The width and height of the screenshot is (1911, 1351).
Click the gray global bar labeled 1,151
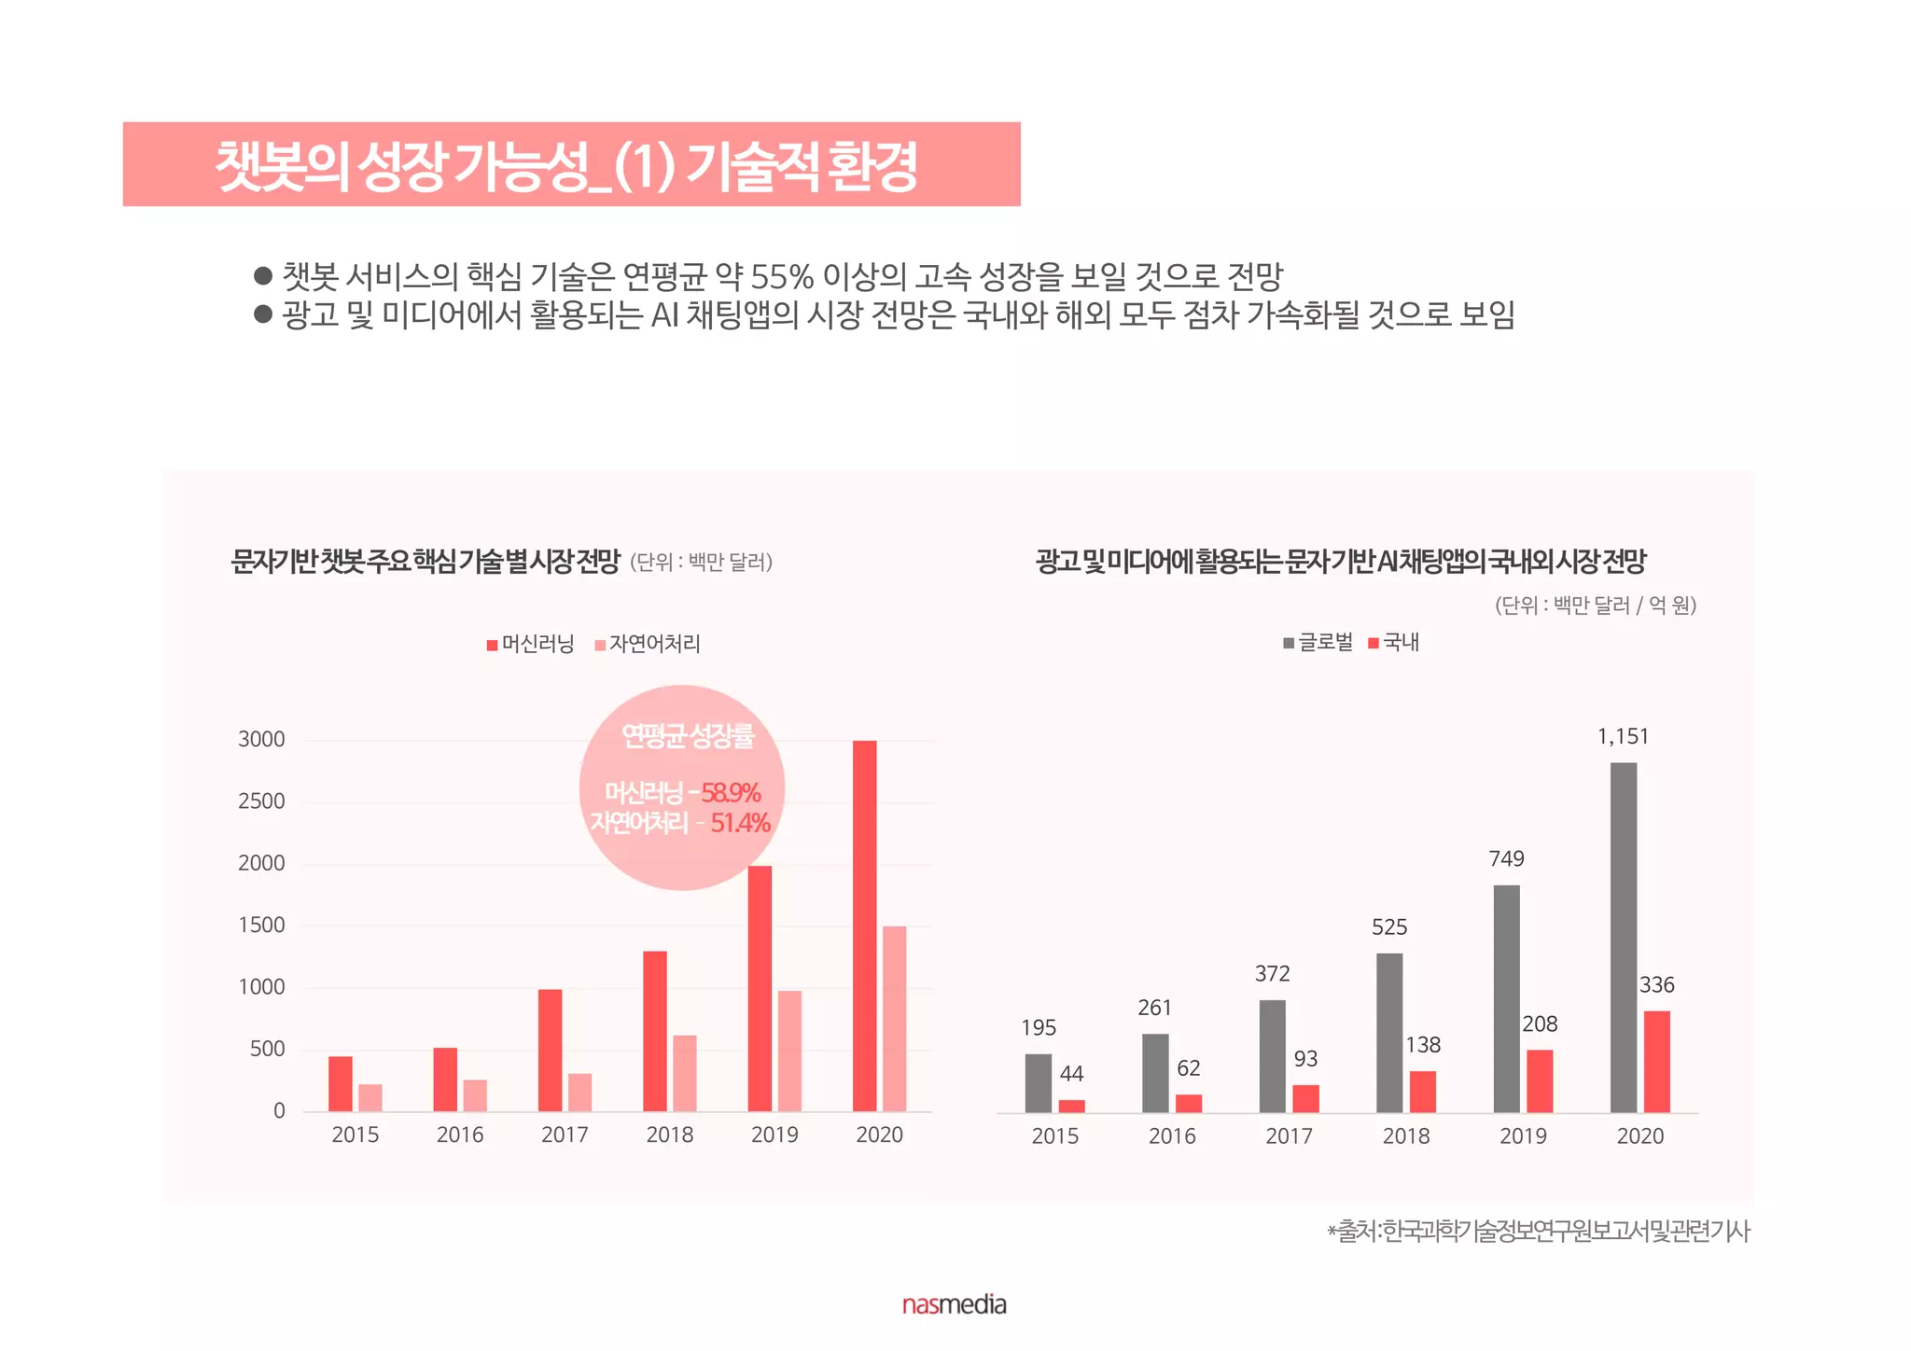(x=1623, y=937)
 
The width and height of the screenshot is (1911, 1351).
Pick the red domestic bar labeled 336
(x=1656, y=1061)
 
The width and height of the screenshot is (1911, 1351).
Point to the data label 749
(x=1506, y=858)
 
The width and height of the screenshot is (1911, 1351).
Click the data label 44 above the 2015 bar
(x=1071, y=1074)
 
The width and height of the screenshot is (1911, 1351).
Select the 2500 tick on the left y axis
(x=261, y=801)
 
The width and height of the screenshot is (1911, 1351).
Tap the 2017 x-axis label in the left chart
(x=565, y=1135)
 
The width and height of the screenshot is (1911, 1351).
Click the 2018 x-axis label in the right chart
(x=1405, y=1136)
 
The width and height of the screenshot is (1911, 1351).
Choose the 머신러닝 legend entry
(x=530, y=644)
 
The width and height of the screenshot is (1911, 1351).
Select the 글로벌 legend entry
(x=1318, y=642)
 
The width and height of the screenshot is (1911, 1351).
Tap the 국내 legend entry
(x=1394, y=642)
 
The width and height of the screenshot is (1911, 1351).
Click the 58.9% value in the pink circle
(x=731, y=793)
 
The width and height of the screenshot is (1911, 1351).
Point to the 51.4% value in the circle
(x=740, y=823)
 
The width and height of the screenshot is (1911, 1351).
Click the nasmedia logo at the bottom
(x=954, y=1304)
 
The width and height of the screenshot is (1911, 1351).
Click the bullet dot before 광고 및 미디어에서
(x=263, y=313)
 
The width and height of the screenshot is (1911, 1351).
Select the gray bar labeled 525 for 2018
(x=1388, y=1032)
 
